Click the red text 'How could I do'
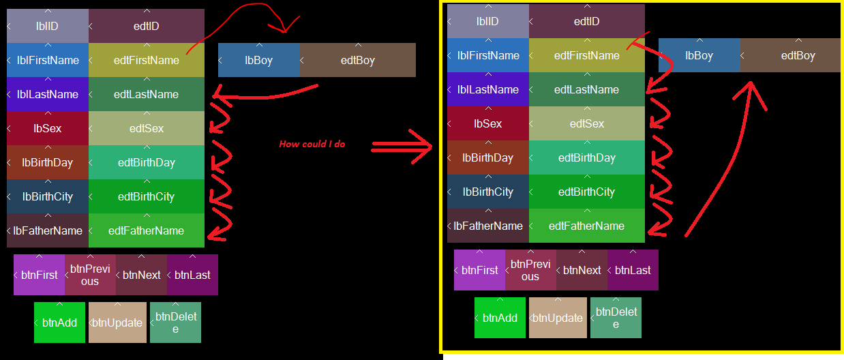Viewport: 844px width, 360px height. point(313,145)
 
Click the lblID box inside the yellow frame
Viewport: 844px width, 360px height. point(488,21)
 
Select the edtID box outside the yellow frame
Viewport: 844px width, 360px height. point(147,26)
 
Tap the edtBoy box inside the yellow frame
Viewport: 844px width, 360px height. point(791,55)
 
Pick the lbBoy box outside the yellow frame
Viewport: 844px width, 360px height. point(259,60)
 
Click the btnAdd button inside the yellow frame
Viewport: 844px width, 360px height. point(500,318)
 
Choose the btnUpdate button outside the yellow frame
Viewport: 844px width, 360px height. point(117,322)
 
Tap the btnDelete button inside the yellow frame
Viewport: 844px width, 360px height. point(616,318)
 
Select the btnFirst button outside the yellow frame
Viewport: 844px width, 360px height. point(39,275)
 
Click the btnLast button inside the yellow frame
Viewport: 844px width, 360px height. point(633,270)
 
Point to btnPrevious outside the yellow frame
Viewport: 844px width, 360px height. point(90,275)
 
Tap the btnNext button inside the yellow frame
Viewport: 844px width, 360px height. point(582,270)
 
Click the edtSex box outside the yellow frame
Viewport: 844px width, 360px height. point(147,128)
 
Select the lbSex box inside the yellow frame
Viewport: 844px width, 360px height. point(488,123)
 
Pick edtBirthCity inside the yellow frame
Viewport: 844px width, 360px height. point(587,192)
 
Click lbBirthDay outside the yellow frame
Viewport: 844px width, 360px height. point(48,162)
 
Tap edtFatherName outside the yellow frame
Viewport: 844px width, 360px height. point(147,230)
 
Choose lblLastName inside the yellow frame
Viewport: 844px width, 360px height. point(488,89)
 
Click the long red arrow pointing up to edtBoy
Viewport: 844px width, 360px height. point(723,164)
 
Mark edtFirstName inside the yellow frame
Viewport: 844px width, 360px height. point(587,55)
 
